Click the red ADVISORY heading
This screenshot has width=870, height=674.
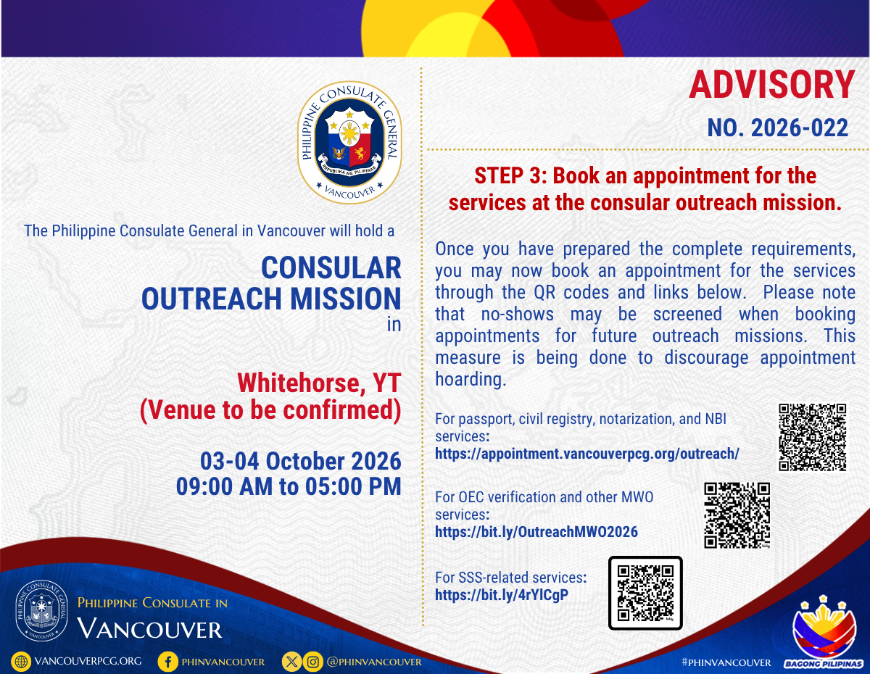[772, 85]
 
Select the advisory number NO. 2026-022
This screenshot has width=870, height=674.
[777, 128]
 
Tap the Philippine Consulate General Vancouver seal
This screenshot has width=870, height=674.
[349, 142]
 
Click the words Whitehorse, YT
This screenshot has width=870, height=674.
[319, 383]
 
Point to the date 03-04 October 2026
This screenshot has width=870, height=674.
[301, 461]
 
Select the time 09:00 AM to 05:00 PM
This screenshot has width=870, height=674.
[289, 486]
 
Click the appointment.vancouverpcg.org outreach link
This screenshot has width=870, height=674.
[587, 454]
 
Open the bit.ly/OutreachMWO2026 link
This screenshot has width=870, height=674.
[536, 532]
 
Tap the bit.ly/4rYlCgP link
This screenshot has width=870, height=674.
[502, 595]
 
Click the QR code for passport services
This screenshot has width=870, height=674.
[812, 437]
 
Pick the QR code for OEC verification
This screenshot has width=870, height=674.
[737, 515]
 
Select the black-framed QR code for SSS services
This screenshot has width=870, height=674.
[645, 593]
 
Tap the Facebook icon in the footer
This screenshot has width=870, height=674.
[168, 662]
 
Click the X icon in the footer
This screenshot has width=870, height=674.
[292, 662]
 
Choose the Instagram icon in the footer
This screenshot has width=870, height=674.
[312, 662]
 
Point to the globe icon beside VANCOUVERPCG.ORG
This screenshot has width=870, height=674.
[21, 662]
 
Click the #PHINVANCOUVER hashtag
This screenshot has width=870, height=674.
[726, 662]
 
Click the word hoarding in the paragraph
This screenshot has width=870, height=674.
[471, 379]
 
